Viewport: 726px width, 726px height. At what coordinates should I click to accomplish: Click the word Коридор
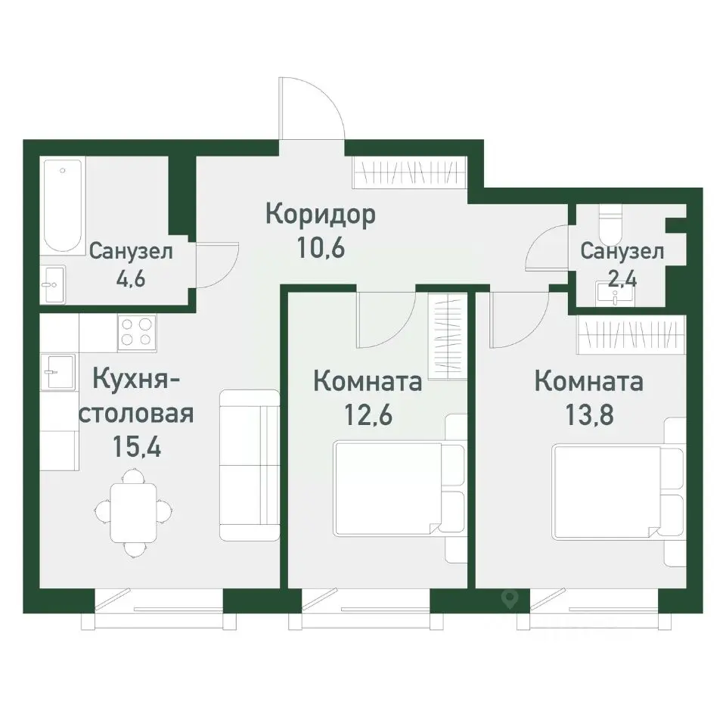(321, 215)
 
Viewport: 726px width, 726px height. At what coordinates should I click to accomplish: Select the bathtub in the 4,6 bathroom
(62, 205)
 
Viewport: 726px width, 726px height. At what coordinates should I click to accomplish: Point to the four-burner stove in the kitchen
(137, 333)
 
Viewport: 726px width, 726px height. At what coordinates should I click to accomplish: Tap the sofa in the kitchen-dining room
(250, 464)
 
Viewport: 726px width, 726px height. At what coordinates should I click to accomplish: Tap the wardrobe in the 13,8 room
(632, 334)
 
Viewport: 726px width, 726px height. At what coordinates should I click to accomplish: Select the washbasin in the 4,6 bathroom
(53, 284)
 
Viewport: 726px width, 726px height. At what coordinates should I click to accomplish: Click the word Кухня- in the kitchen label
(136, 380)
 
